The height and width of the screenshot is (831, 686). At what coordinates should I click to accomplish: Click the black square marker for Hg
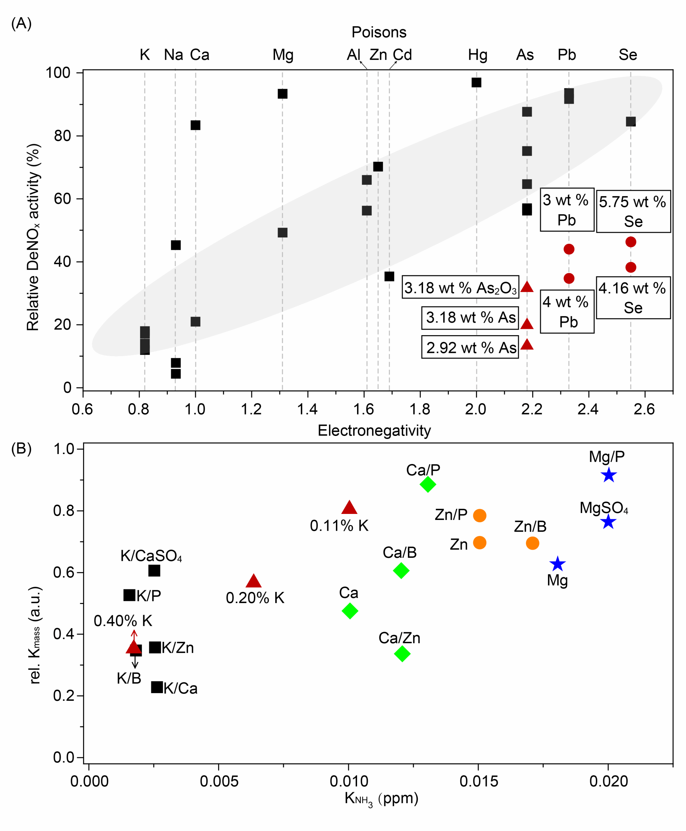pos(476,83)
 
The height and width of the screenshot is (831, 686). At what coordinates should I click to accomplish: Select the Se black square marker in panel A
pos(631,122)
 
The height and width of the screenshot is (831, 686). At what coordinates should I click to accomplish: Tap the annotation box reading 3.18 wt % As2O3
pos(460,287)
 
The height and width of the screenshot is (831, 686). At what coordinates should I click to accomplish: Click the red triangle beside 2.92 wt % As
pos(527,345)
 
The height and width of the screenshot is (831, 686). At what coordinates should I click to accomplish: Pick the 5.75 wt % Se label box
pos(633,211)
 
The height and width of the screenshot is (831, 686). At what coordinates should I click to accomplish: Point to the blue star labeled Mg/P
pos(609,475)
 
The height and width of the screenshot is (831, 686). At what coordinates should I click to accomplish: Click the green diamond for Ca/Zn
pos(402,654)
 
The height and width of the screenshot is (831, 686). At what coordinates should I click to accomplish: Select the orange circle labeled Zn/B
pos(532,543)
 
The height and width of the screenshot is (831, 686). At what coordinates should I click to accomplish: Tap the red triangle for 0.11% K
pos(349,508)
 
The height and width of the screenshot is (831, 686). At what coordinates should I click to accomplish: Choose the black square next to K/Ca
pos(157,687)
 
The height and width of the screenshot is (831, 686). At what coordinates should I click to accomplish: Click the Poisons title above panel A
pos(379,32)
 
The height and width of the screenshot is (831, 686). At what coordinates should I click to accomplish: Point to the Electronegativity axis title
pos(374,431)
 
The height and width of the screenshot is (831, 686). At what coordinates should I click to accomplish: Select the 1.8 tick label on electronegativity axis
pos(420,409)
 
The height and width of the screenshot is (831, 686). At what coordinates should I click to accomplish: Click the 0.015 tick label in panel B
pos(479,781)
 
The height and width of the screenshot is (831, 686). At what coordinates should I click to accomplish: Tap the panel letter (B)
pos(21,449)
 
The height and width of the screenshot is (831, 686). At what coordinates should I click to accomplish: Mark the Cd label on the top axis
pos(402,55)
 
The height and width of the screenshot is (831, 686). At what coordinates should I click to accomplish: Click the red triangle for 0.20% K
pos(254,581)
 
